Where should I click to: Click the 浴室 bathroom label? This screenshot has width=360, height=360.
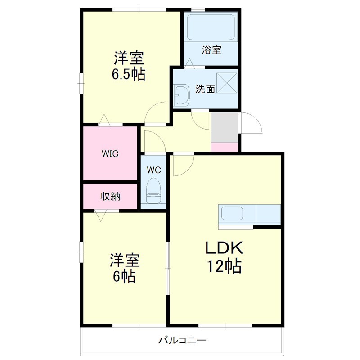[211, 50]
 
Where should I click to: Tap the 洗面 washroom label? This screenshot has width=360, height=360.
[205, 89]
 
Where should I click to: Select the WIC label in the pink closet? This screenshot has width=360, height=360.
[109, 154]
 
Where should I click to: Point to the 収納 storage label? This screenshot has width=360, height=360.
[110, 197]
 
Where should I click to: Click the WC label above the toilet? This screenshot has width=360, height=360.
[154, 170]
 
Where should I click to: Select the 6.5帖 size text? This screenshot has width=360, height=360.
[129, 74]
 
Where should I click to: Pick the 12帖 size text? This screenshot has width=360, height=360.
[224, 266]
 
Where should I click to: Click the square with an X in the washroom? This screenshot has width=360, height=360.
[227, 83]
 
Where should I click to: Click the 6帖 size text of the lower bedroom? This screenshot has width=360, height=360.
[124, 275]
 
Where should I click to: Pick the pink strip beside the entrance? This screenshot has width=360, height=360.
[224, 147]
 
